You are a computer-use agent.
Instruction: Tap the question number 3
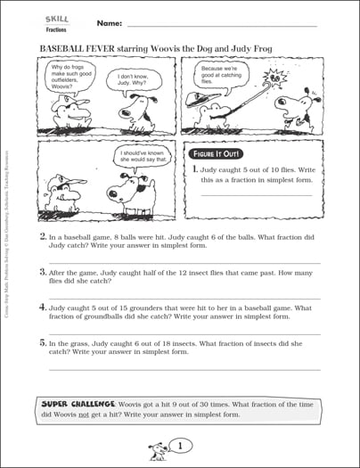43,271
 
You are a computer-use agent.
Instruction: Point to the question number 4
43,305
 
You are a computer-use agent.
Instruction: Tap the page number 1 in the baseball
179,446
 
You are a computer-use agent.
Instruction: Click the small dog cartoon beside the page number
159,447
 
